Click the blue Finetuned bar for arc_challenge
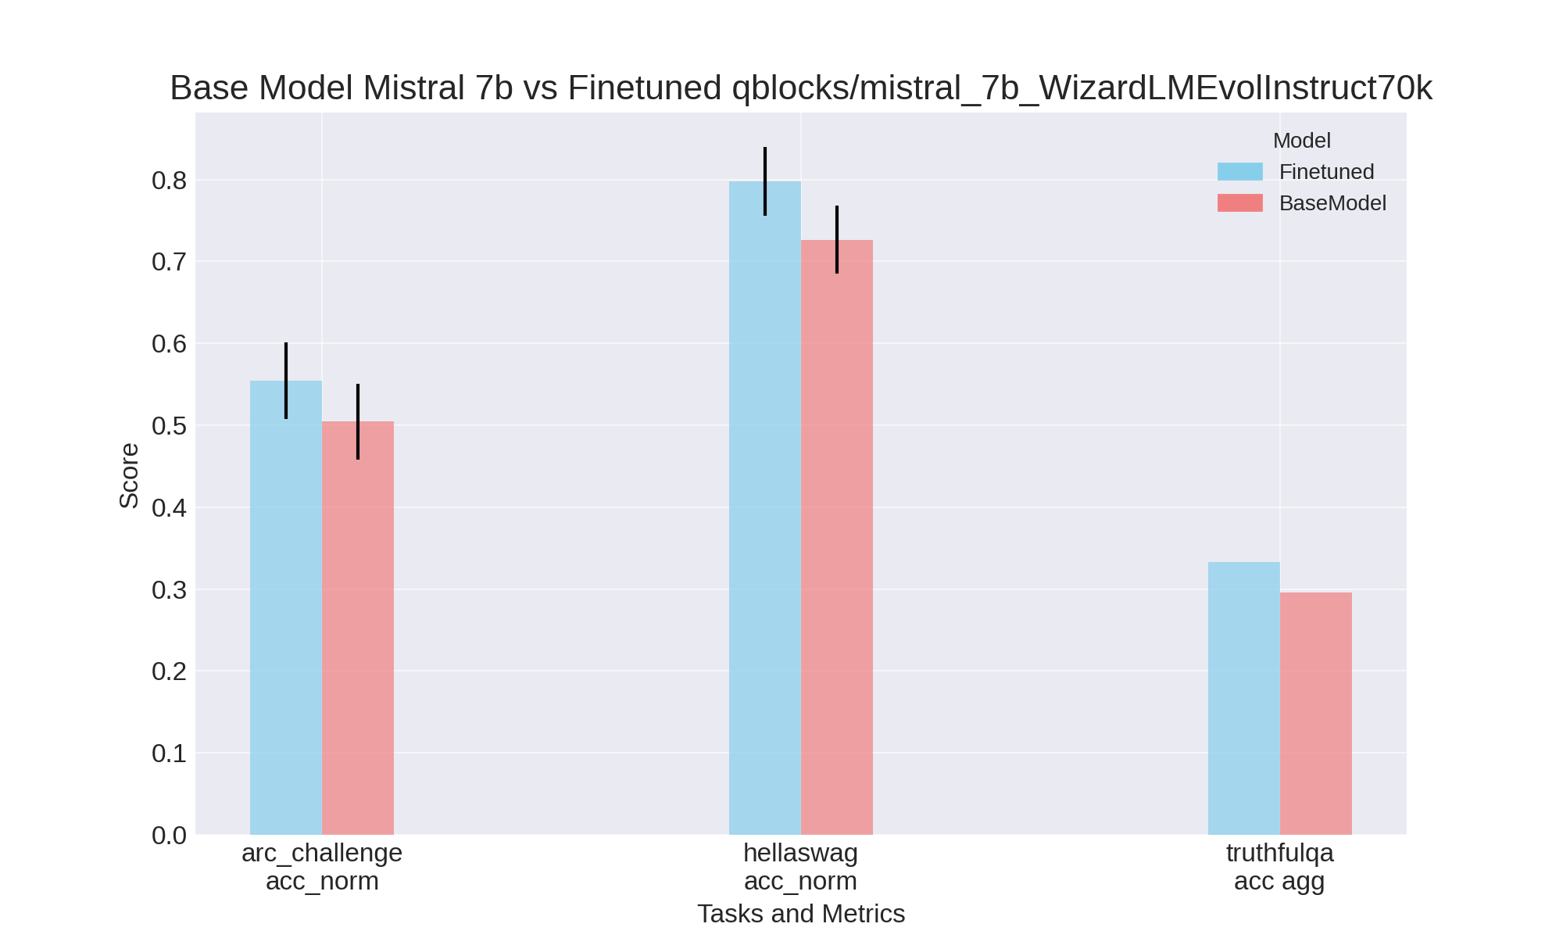coord(286,610)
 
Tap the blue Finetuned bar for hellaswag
coord(765,508)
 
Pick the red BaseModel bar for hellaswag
coord(837,539)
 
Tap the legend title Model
coord(1302,141)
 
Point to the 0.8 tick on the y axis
coord(170,181)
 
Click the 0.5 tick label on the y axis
coord(170,426)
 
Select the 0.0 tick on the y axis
coord(170,835)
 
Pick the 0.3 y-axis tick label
coord(170,590)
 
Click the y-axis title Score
coord(129,475)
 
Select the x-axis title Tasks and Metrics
coord(801,914)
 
